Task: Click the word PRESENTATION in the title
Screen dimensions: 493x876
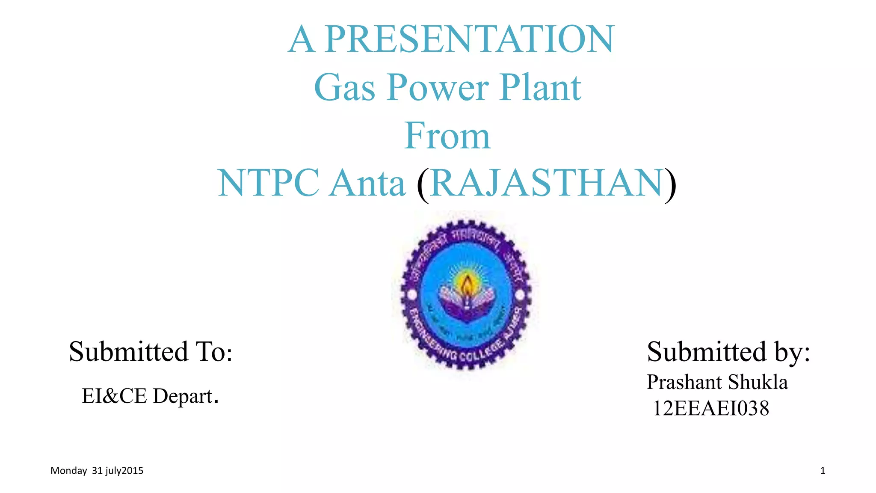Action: [x=469, y=39]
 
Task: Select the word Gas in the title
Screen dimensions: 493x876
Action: [x=344, y=88]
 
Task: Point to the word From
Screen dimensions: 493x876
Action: [x=447, y=136]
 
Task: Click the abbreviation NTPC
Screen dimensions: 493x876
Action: [x=269, y=183]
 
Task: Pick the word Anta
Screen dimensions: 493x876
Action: [x=368, y=183]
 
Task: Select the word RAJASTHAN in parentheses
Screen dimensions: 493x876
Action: [x=547, y=183]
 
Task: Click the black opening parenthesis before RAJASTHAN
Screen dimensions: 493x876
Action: [x=423, y=185]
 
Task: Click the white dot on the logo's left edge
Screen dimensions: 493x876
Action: [x=411, y=294]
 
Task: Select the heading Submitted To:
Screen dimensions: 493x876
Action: [x=151, y=352]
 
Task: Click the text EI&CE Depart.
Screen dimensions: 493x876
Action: [x=150, y=396]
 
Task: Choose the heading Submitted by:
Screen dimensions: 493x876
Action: [x=728, y=352]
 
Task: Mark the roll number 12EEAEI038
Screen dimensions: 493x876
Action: [x=711, y=408]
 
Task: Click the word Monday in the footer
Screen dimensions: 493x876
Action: [x=68, y=471]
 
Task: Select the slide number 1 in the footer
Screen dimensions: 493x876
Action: [x=823, y=471]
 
